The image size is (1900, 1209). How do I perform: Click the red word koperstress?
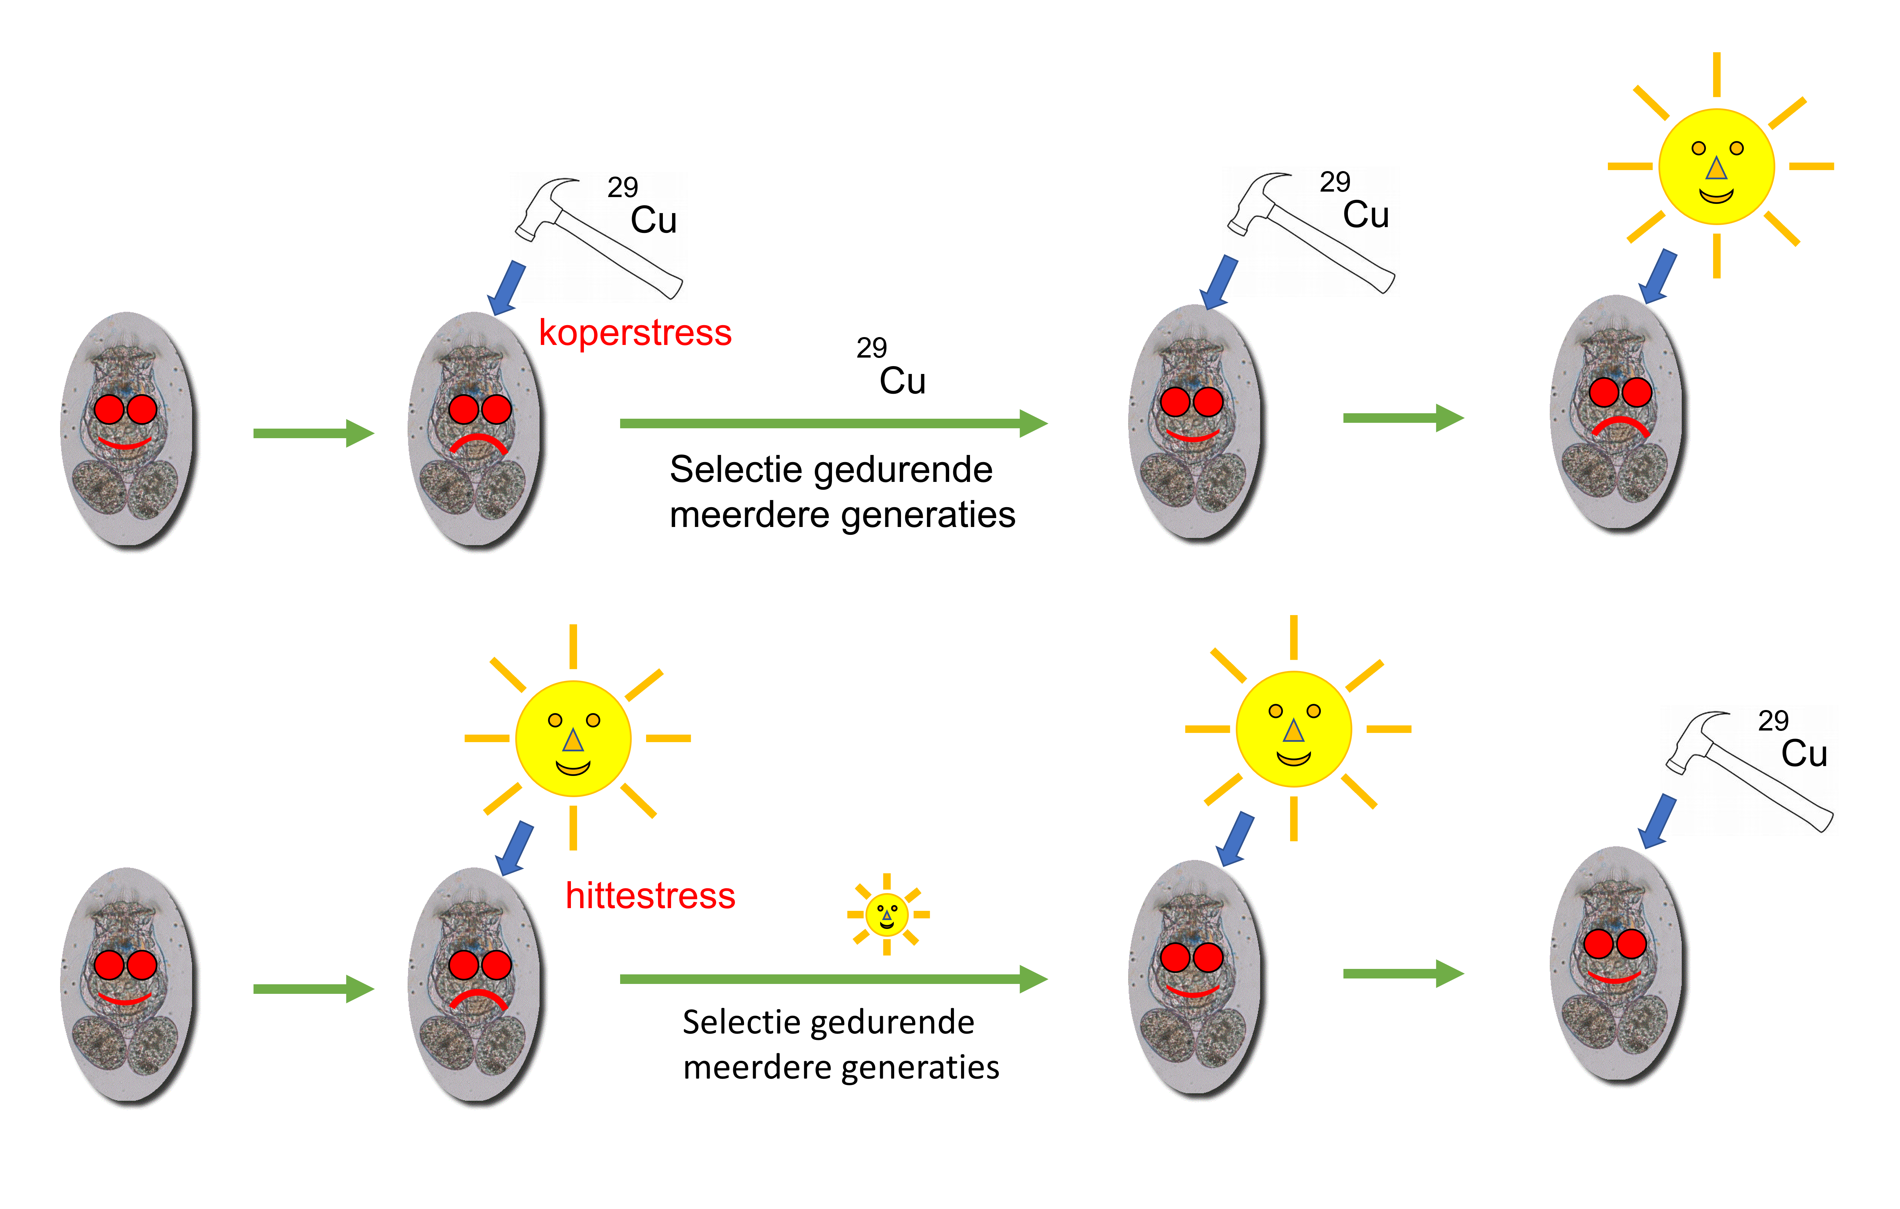click(x=635, y=333)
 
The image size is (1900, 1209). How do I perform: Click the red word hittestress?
click(x=650, y=896)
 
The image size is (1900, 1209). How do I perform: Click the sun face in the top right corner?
click(x=1716, y=166)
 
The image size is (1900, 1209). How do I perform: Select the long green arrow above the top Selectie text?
click(x=834, y=423)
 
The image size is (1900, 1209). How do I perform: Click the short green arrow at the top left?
click(x=313, y=433)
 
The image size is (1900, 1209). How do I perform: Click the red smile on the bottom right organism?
click(x=1614, y=979)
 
